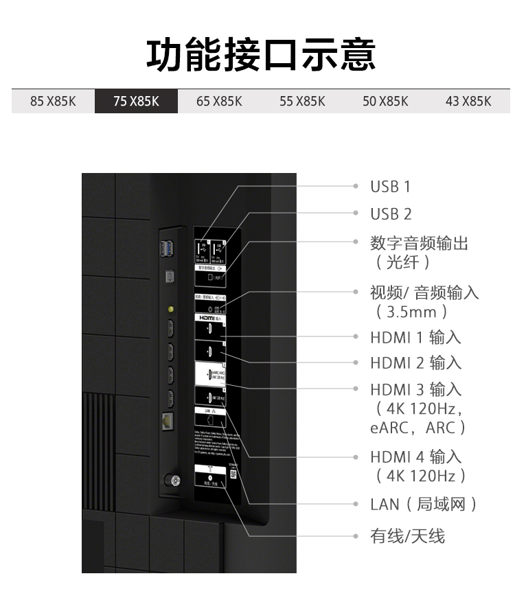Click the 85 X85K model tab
coord(53,102)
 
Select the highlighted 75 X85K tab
coord(136,102)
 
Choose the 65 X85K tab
coord(219,102)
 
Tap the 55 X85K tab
coord(302,102)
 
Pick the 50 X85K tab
coord(385,102)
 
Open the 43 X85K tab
coord(468,102)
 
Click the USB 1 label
coord(390,187)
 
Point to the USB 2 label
coord(391,214)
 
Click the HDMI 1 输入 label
coord(415,338)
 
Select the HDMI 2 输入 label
coord(415,363)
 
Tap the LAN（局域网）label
coord(423,505)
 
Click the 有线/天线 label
coord(408,536)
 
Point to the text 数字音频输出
coord(419,243)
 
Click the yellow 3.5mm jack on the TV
coord(170,308)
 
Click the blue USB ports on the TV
coord(167,249)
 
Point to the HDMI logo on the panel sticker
coord(207,319)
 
